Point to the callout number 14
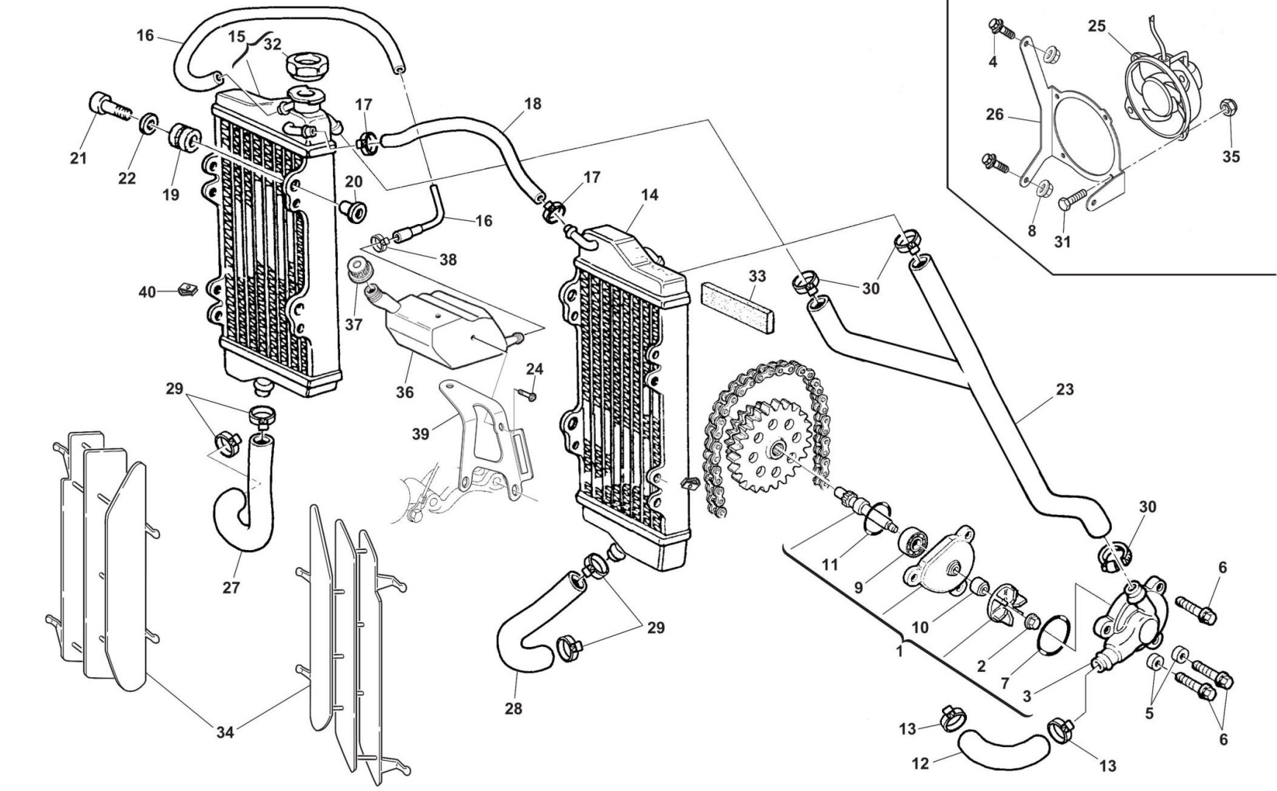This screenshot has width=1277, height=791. pos(649,195)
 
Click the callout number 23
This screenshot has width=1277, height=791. pos(1065,390)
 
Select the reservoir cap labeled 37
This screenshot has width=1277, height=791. pos(360,270)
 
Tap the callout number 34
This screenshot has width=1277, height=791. pos(225,732)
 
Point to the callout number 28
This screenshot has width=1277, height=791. pos(514,709)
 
